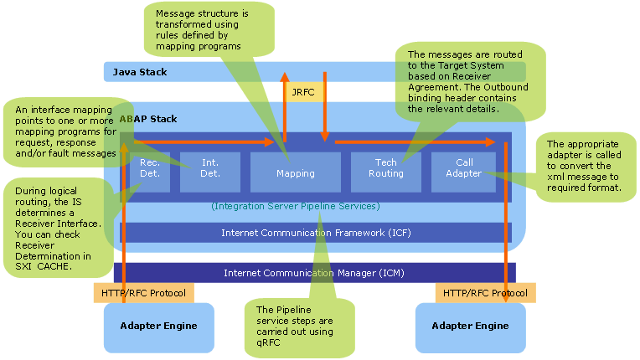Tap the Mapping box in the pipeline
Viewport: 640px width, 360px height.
pyautogui.click(x=295, y=173)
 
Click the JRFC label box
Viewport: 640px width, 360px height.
pyautogui.click(x=302, y=91)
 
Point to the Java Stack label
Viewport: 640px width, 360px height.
pyautogui.click(x=140, y=72)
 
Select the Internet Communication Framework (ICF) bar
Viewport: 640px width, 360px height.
pyautogui.click(x=316, y=232)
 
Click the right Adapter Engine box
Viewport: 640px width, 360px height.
pyautogui.click(x=469, y=327)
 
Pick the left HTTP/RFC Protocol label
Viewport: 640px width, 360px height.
pyautogui.click(x=143, y=293)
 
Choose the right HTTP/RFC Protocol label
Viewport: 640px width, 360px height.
pyautogui.click(x=485, y=293)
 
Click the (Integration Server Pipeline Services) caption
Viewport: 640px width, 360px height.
pyautogui.click(x=296, y=206)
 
